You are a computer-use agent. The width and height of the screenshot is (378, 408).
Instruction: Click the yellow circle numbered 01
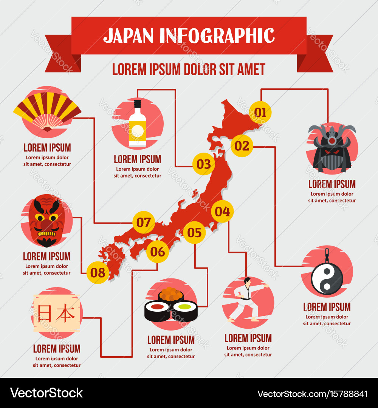coord(260,112)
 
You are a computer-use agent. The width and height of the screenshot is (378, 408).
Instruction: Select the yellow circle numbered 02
coord(242,145)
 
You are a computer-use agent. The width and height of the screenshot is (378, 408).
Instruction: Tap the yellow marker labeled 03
coord(203,164)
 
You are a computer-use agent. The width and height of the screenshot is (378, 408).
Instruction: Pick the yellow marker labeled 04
coord(222,212)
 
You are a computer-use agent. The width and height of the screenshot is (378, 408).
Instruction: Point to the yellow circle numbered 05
coord(194,232)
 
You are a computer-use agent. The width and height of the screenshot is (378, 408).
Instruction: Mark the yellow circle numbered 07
coord(144,223)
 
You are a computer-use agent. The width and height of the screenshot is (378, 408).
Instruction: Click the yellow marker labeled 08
coord(98,272)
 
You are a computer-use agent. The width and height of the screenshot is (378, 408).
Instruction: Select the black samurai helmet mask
coord(332,149)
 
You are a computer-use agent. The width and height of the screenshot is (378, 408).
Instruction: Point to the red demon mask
coord(46,220)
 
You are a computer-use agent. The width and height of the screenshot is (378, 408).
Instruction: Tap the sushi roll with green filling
coord(185,309)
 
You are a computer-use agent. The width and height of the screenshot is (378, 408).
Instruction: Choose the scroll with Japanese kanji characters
coord(57,314)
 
